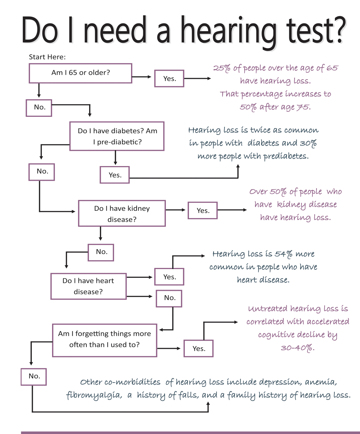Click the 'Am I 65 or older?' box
point(80,73)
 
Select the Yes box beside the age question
point(169,78)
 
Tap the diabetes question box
point(117,136)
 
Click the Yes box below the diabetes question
point(115,175)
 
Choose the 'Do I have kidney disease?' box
point(122,213)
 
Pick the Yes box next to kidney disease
point(203,210)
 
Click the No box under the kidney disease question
point(101,252)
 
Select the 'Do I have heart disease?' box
point(88,286)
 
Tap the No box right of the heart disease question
point(169,298)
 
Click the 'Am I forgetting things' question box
point(104,340)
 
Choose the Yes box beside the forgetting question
point(198,348)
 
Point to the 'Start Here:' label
point(47,57)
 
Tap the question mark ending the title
point(338,30)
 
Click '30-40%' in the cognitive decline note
point(298,348)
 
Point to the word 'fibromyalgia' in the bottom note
point(94,395)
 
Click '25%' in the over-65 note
point(222,68)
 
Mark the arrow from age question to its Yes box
point(142,77)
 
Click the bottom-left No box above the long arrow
point(34,377)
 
